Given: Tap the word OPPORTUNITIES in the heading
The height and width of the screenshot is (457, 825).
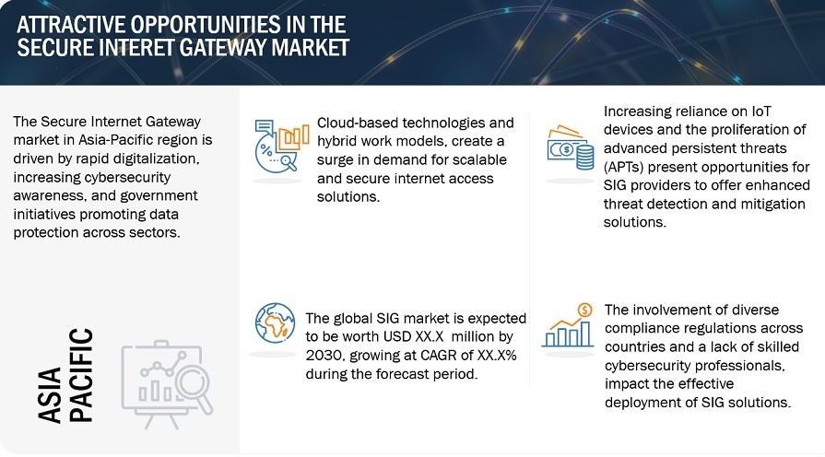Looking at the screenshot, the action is coord(206,25).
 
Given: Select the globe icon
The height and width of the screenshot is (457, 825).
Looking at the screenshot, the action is coord(275,322).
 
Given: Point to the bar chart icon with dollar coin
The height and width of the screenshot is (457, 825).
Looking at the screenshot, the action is coord(568,325).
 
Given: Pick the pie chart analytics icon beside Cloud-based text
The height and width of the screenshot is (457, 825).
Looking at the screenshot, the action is coord(281,146).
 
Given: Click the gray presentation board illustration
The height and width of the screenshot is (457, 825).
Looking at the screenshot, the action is coord(167,384).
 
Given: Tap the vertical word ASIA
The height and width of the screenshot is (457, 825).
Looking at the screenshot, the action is coord(51,395).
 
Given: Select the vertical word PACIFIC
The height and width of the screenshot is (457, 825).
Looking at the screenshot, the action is coord(81,375).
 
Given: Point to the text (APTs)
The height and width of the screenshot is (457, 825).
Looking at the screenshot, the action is coord(624,168).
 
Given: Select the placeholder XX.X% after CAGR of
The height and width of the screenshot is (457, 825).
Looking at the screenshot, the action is coord(497,356).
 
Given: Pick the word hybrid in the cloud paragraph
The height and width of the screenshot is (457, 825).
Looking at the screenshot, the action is coord(337,142).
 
